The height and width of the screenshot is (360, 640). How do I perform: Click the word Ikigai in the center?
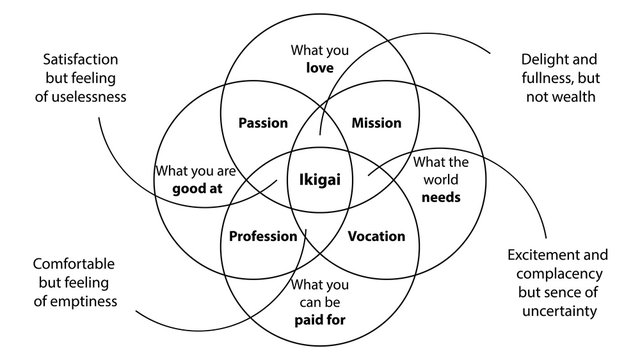pos(320,180)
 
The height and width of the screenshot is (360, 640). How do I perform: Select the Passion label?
pos(264,123)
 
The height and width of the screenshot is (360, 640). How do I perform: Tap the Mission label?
pos(377,123)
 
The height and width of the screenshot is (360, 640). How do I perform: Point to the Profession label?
pos(263,237)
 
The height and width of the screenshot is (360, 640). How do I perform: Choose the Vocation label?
pos(377,237)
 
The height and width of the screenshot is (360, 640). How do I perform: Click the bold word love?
pos(320,68)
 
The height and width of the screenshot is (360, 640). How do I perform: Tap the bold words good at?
pos(195,189)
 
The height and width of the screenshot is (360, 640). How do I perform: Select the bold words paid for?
pos(320,320)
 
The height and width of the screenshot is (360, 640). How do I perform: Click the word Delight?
pos(539,59)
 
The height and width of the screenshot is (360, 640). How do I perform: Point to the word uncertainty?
pos(559,311)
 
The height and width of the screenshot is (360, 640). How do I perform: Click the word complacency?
pos(559,273)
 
